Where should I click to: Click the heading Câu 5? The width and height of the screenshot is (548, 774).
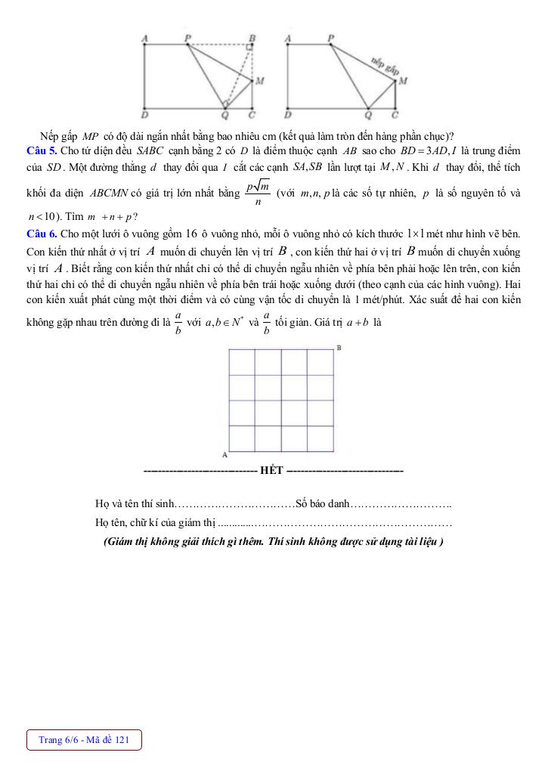point(42,151)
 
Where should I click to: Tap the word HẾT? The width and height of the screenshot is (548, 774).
point(271,470)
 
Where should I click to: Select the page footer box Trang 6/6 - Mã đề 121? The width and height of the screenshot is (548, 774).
point(84,740)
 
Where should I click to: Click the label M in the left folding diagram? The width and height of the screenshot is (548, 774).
point(259,80)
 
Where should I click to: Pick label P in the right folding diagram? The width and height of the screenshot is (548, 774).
point(331,37)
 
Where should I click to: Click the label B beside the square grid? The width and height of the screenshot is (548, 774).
point(338,348)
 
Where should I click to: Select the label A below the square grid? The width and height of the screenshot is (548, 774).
point(224,455)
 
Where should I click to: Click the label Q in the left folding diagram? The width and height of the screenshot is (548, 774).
point(224,116)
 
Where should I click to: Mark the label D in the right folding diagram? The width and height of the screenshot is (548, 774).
point(287,116)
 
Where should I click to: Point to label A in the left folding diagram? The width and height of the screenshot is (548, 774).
point(144,37)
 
